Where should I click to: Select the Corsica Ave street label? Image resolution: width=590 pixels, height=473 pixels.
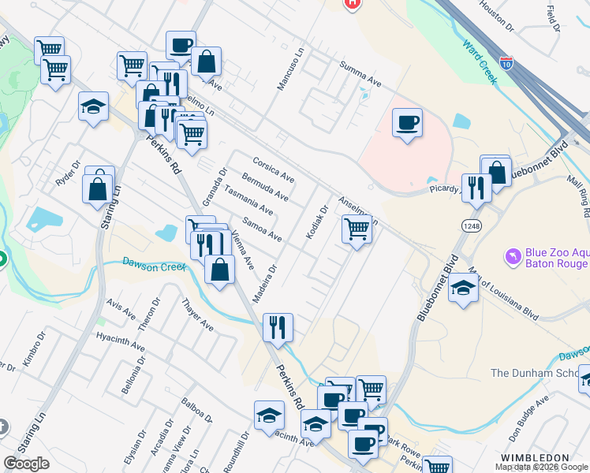click(273, 167)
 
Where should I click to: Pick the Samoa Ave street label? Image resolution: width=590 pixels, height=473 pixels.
click(262, 229)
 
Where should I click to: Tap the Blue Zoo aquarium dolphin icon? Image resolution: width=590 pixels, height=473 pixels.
click(513, 257)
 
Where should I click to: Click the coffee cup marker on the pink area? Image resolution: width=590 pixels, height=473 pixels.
click(407, 123)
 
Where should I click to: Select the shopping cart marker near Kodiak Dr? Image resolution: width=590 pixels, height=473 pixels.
click(357, 229)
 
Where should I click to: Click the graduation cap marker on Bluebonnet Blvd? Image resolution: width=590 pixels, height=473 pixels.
click(463, 288)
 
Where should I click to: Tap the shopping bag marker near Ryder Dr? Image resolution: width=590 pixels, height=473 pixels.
click(99, 188)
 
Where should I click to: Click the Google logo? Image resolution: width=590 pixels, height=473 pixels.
click(26, 464)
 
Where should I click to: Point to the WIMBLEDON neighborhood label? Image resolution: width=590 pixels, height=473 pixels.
click(535, 457)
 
